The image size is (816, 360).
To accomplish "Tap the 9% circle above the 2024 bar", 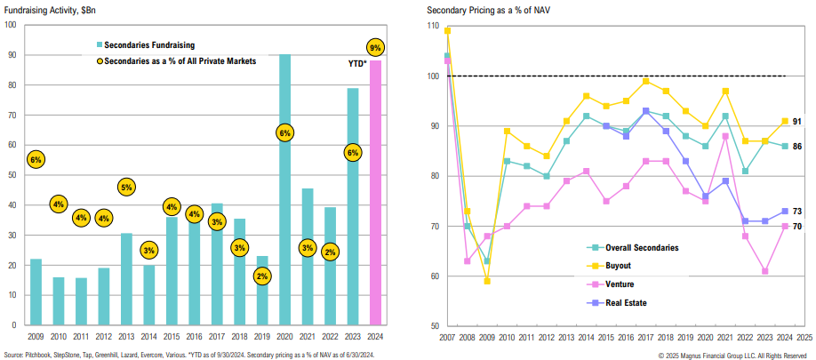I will pyautogui.click(x=376, y=47).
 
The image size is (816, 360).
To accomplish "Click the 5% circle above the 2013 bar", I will pyautogui.click(x=126, y=188).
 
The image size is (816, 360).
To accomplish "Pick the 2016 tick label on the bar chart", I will pyautogui.click(x=194, y=337).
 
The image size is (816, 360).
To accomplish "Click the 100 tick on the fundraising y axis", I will pyautogui.click(x=11, y=24).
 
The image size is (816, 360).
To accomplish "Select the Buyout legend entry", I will pyautogui.click(x=607, y=265).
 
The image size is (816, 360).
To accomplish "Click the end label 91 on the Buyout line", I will pyautogui.click(x=797, y=121).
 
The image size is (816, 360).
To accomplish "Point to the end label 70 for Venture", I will pyautogui.click(x=797, y=227).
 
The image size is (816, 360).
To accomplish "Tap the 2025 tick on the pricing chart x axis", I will pyautogui.click(x=804, y=338).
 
